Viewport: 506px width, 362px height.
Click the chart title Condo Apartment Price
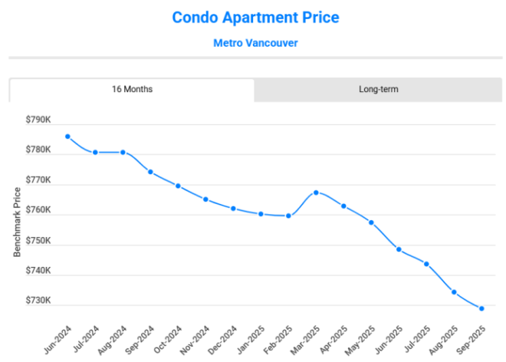point(255,17)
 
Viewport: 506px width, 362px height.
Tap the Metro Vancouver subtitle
point(255,42)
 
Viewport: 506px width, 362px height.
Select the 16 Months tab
point(132,89)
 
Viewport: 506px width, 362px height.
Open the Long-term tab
point(378,89)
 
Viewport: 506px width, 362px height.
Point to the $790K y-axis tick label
point(38,120)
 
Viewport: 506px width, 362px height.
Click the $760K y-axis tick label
point(38,210)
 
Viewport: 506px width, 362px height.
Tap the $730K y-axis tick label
point(38,301)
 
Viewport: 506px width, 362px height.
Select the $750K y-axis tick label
point(38,241)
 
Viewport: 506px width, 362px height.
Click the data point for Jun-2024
point(67,137)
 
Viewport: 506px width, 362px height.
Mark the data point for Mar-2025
point(316,193)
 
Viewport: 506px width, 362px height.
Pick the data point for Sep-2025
point(481,308)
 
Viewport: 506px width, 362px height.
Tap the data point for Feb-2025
point(288,216)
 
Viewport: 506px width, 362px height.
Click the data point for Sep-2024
point(150,172)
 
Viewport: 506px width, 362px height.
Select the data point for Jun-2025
point(399,249)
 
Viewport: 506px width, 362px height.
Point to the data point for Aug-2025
point(454,292)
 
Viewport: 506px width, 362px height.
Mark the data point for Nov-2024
point(205,199)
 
